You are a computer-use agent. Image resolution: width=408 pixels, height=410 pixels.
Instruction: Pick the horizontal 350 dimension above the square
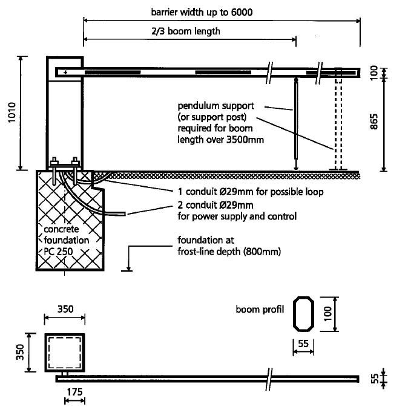click(x=65, y=308)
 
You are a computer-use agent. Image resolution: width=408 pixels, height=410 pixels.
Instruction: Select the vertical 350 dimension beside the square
click(x=20, y=352)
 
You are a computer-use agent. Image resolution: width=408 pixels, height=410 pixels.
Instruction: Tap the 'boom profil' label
click(x=260, y=310)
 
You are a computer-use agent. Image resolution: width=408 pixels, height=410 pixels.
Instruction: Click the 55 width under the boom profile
click(x=304, y=343)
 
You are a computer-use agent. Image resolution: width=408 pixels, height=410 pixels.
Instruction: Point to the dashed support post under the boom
click(x=338, y=121)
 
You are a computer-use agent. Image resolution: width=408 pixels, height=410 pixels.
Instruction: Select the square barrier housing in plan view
click(x=65, y=353)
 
